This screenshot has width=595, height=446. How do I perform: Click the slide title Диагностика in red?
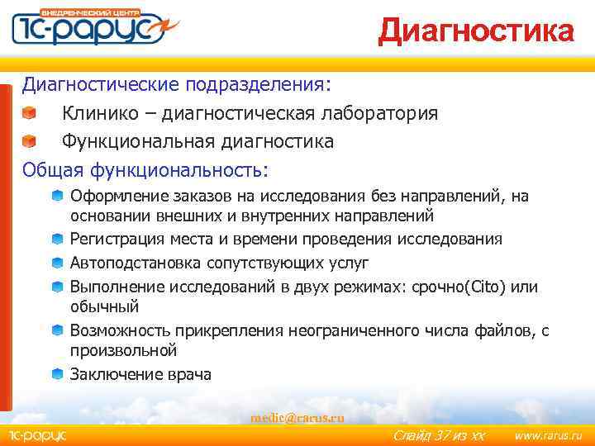(x=475, y=31)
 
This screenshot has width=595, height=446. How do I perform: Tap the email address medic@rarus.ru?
(x=297, y=417)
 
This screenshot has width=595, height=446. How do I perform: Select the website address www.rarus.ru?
(x=548, y=434)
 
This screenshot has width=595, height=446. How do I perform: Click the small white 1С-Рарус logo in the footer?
(x=37, y=434)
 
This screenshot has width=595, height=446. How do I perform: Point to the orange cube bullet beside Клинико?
(x=30, y=113)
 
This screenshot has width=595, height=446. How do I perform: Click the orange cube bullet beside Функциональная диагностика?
(x=30, y=142)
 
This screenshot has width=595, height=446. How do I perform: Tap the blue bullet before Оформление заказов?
(x=57, y=197)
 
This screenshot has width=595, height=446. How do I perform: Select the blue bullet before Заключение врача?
(x=57, y=374)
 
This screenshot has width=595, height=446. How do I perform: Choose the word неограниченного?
(x=352, y=330)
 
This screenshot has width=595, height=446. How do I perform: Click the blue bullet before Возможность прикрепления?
(x=57, y=330)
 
